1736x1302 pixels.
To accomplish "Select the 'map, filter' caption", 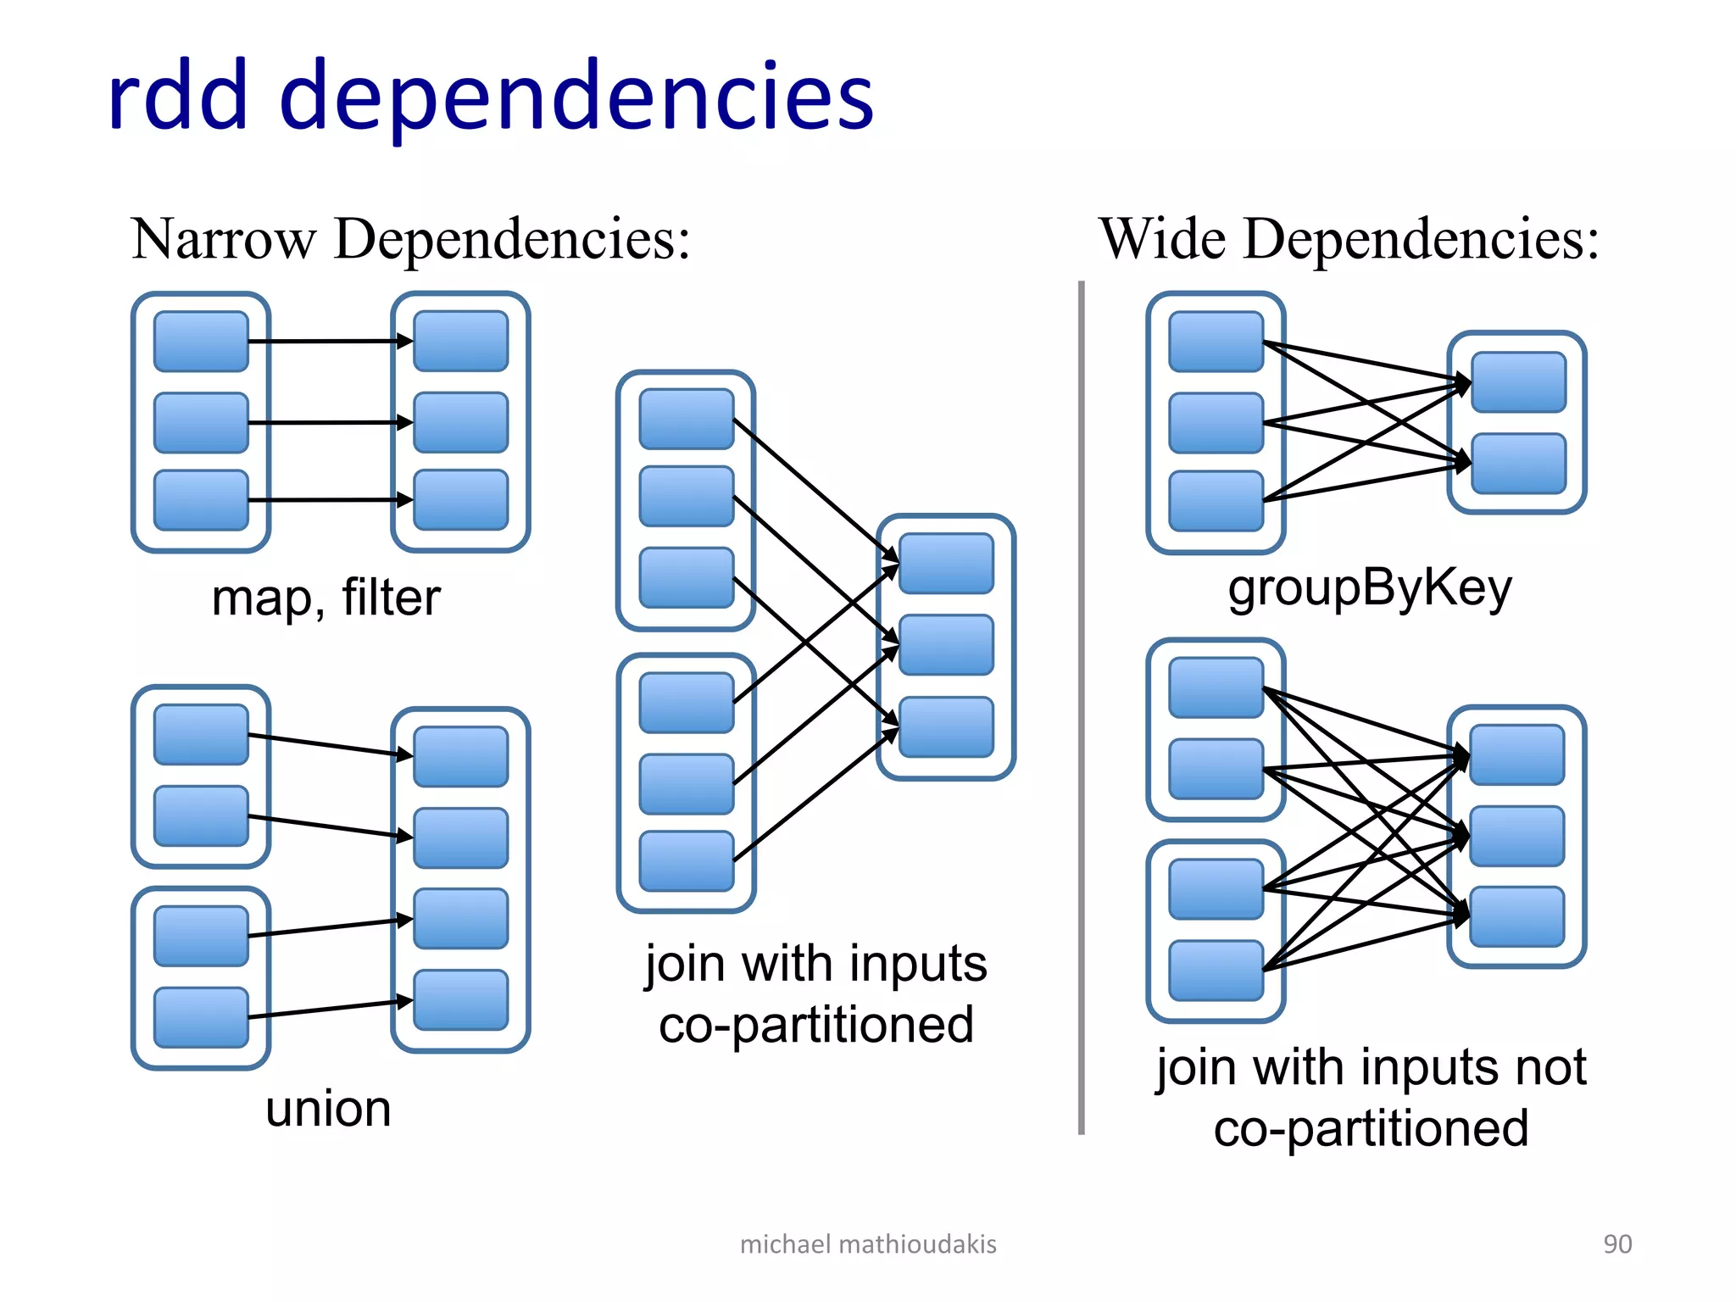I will tap(325, 598).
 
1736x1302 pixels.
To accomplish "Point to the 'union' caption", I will tap(328, 1109).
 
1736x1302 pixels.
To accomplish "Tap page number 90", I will tap(1616, 1244).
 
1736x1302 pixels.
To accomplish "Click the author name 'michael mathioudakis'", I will tap(867, 1244).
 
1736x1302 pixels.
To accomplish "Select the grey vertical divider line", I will tap(1081, 708).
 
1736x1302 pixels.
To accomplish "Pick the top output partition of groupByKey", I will tap(1518, 382).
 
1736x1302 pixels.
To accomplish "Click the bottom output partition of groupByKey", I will tap(1518, 464).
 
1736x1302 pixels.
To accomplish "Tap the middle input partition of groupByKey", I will tap(1216, 422).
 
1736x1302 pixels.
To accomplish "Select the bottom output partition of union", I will tap(460, 999).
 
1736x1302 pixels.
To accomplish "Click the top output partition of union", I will tap(460, 756).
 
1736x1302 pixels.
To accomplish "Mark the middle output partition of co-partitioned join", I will tap(946, 645).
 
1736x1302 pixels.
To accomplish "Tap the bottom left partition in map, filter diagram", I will tap(201, 500).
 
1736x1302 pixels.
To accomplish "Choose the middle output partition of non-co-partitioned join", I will tap(1516, 836).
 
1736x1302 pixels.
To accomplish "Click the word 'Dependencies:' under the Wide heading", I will tap(1422, 239).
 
